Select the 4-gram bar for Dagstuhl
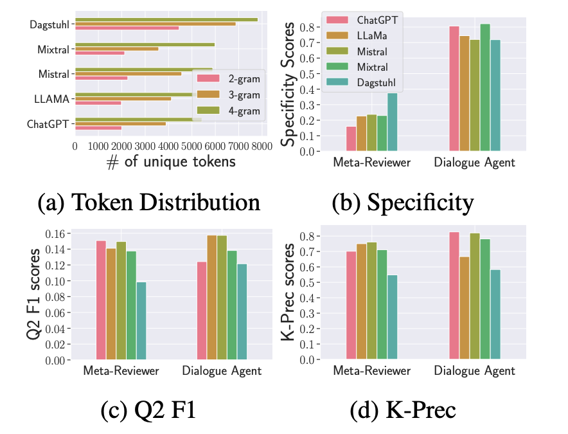point(166,19)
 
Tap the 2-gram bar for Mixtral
point(100,53)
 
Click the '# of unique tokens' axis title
point(171,163)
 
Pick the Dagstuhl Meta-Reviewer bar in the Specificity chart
point(392,122)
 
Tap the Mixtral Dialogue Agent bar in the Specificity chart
point(484,87)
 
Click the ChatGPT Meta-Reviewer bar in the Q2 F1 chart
point(101,300)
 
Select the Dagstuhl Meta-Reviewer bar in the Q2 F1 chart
point(141,321)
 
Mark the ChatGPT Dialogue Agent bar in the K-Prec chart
point(454,296)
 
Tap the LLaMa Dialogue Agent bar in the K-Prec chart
point(465,308)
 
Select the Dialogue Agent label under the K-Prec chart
point(474,371)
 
